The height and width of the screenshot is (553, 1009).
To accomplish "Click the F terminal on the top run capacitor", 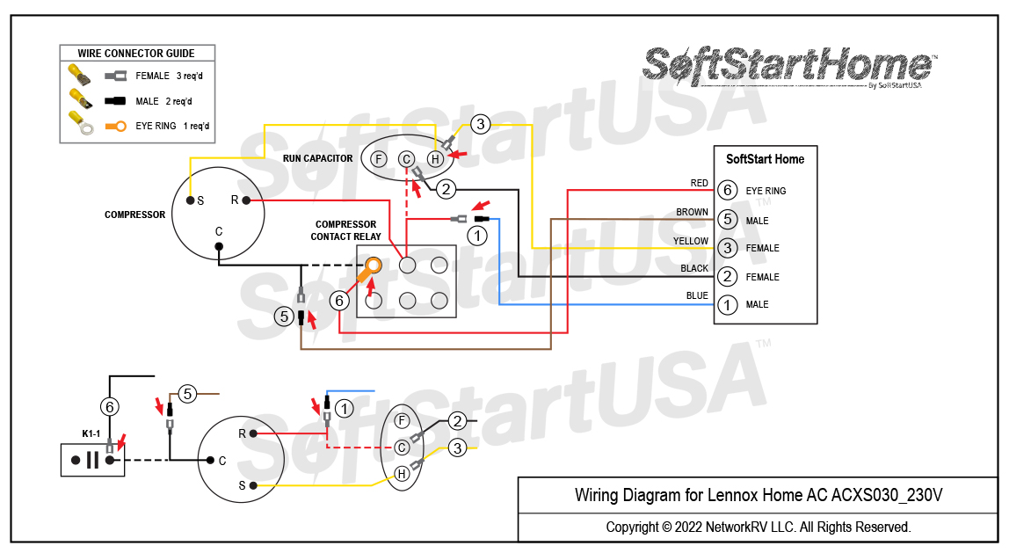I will [378, 159].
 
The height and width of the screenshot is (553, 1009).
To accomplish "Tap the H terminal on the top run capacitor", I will [434, 159].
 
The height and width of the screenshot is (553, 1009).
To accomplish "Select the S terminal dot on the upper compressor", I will [190, 200].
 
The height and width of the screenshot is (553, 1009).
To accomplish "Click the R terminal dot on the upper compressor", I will [246, 200].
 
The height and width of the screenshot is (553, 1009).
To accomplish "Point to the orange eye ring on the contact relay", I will [374, 265].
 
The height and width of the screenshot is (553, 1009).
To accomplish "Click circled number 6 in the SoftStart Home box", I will [726, 190].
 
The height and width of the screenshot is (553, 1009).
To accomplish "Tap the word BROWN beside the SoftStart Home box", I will [692, 213].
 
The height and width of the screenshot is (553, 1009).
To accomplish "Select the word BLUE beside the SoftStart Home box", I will [696, 296].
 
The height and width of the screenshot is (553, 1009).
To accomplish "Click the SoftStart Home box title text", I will [765, 159].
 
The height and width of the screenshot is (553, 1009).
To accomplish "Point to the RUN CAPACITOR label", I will [317, 159].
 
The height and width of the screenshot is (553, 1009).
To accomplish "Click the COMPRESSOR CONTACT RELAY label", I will [345, 230].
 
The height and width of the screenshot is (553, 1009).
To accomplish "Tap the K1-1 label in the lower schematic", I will [91, 434].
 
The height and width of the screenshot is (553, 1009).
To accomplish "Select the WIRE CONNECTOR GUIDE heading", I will [136, 54].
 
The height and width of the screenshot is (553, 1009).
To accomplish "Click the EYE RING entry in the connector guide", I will [156, 127].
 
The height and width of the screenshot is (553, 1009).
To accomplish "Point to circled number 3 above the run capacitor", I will [480, 124].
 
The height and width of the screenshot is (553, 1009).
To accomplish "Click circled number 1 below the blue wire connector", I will [476, 236].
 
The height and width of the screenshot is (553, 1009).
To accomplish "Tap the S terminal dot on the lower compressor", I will [253, 485].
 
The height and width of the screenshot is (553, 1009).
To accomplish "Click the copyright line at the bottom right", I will [758, 528].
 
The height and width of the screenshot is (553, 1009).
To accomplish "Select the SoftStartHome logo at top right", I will [789, 67].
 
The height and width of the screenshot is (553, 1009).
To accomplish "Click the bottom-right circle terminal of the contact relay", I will [439, 301].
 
